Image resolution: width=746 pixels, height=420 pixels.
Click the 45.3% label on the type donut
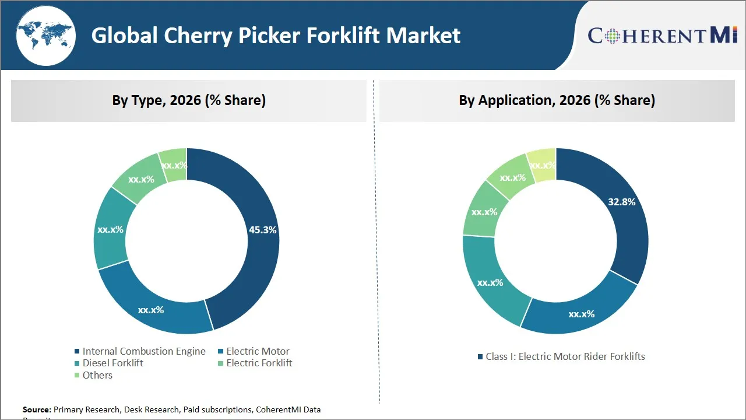[x=262, y=230]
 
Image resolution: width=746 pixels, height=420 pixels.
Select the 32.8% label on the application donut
[x=621, y=202]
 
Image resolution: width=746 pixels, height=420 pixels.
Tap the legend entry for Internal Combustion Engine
[x=143, y=351]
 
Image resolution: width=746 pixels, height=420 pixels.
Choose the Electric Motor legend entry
[x=258, y=351]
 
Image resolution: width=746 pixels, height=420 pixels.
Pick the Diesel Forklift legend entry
[x=112, y=363]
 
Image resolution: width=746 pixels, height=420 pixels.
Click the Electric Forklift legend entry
[x=259, y=363]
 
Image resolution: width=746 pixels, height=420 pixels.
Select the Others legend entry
[x=97, y=375]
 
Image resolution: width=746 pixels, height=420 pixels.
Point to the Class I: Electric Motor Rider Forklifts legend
[x=565, y=356]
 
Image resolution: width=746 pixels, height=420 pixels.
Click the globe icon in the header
[x=45, y=36]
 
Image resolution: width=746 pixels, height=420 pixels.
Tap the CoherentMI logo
[x=663, y=36]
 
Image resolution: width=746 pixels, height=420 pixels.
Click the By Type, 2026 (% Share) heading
[x=189, y=100]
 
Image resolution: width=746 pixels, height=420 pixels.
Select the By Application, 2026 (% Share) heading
[x=557, y=100]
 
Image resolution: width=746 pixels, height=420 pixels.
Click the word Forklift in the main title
[x=343, y=36]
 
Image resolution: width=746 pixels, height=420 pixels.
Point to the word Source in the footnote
[x=37, y=409]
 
